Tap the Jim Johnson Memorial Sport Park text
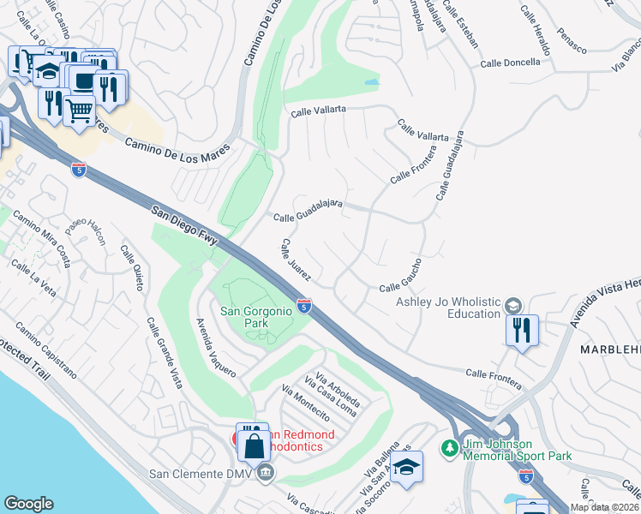pos(517,450)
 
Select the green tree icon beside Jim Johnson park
pos(448,447)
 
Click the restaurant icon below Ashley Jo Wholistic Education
pos(522,330)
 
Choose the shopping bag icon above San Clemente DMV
pos(255,445)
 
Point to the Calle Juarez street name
pos(301,263)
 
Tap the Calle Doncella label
pos(510,63)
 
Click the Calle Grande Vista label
pos(164,352)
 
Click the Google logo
pos(28,504)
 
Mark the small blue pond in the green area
pos(371,83)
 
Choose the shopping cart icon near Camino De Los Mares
pos(79,110)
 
